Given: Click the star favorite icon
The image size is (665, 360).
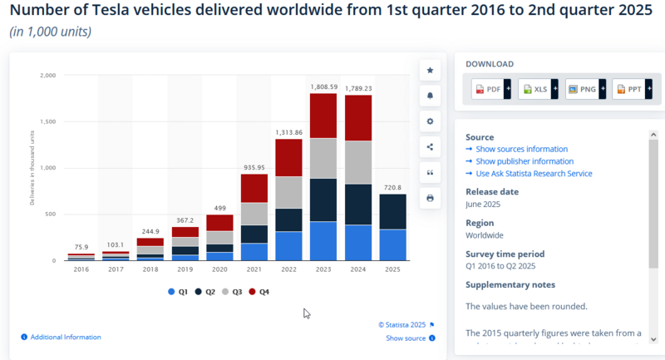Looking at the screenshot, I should point(430,71).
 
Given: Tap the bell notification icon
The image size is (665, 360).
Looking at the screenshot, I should point(430,96).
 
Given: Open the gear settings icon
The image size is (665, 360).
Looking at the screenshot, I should point(430,121).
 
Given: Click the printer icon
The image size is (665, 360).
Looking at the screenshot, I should point(430,198).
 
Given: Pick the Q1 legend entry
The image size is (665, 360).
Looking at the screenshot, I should point(177,292).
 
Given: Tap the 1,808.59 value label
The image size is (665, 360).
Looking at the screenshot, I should point(323,86).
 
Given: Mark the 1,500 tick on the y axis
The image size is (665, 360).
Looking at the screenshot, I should point(47,121).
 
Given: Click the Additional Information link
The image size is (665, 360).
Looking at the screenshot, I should point(65,337).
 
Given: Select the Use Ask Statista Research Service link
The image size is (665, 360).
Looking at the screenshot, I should point(534,174).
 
